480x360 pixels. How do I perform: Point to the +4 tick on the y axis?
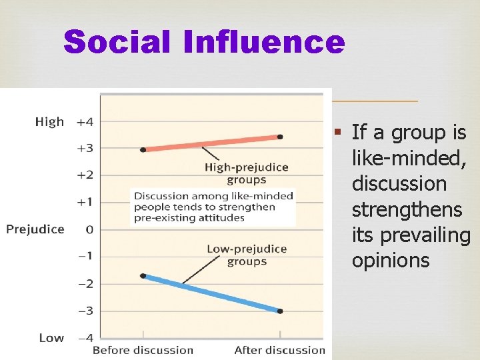click(85, 122)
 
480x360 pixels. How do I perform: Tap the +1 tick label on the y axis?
click(85, 202)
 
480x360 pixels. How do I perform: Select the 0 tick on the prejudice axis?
click(88, 229)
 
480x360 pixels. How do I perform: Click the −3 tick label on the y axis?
click(85, 311)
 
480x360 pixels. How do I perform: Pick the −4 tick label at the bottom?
click(85, 338)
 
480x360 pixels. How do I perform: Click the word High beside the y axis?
click(50, 122)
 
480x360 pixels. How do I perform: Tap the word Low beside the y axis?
click(51, 338)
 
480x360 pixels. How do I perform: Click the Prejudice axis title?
click(35, 229)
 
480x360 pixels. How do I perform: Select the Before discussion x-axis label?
click(143, 350)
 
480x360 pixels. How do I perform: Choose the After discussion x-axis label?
click(280, 350)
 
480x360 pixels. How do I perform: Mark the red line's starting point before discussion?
click(143, 149)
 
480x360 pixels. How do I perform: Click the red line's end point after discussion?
click(280, 137)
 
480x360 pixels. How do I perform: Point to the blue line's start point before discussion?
click(143, 275)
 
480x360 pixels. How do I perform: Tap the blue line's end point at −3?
click(280, 311)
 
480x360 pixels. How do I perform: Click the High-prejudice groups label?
click(247, 173)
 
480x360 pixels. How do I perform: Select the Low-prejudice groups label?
click(247, 255)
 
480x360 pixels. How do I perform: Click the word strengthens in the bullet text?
click(407, 209)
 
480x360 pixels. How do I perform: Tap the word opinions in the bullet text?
click(391, 260)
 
